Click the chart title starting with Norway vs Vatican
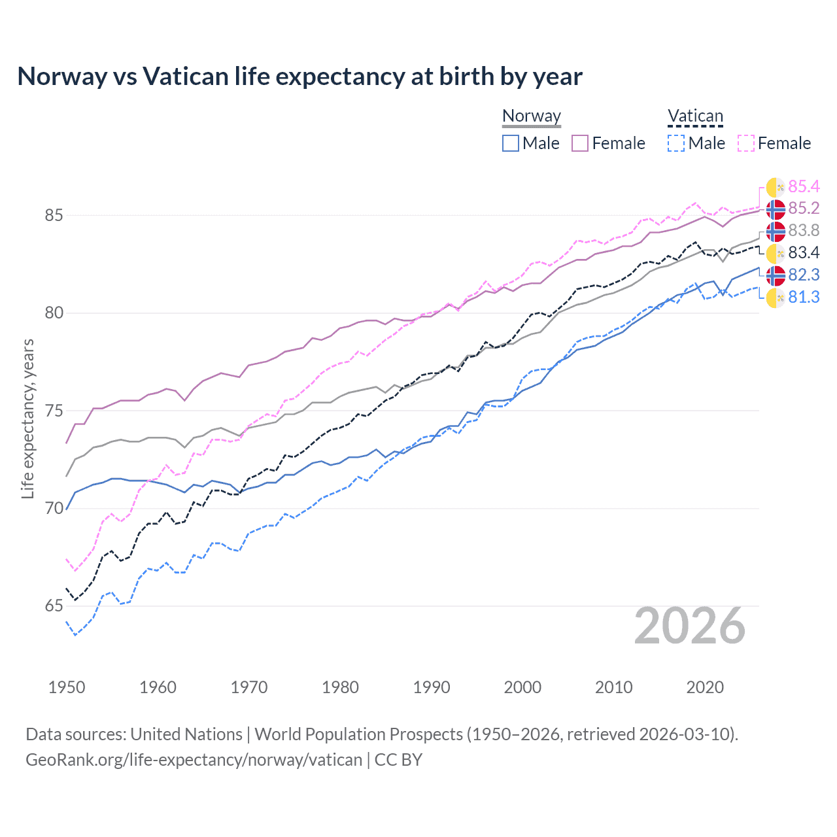click(x=299, y=77)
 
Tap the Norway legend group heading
click(x=531, y=116)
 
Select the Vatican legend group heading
click(x=695, y=116)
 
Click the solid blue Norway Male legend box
click(x=511, y=143)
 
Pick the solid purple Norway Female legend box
click(x=580, y=143)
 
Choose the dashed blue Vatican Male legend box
click(x=676, y=143)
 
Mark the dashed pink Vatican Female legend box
click(x=746, y=143)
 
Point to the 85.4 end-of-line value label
click(x=804, y=187)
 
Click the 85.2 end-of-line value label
click(x=804, y=209)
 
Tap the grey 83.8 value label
click(x=804, y=231)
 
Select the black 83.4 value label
click(x=804, y=253)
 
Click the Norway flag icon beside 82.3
click(x=776, y=275)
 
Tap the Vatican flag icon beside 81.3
click(x=776, y=298)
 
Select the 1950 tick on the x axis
click(x=67, y=687)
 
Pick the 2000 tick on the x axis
click(x=522, y=687)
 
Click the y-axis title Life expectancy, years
click(x=27, y=418)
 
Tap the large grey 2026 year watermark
click(x=690, y=626)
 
